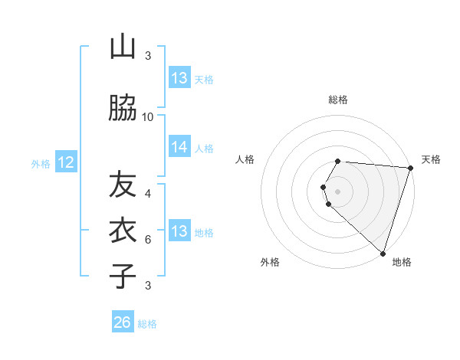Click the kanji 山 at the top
click(123, 47)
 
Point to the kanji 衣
click(123, 230)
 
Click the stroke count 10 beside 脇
click(148, 116)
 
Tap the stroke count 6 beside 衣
click(148, 239)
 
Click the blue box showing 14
click(179, 148)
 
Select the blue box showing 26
click(123, 322)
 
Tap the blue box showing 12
click(66, 162)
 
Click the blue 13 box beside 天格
click(179, 78)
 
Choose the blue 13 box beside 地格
click(179, 232)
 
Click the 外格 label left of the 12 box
click(40, 163)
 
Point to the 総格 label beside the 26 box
click(147, 324)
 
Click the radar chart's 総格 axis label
click(338, 100)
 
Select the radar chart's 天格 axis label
click(431, 159)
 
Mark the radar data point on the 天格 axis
click(409, 168)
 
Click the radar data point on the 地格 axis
click(383, 253)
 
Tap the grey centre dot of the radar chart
click(338, 191)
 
